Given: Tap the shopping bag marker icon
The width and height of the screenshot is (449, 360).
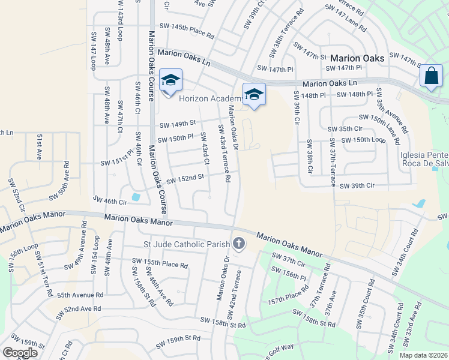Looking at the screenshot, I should [x=431, y=76].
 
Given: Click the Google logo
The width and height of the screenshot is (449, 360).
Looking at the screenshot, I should [x=20, y=352].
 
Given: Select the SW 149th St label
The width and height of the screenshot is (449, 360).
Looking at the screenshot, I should [x=177, y=124].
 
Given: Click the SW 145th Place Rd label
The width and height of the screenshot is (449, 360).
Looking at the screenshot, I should [x=187, y=26].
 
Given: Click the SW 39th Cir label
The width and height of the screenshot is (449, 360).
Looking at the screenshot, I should [x=357, y=186].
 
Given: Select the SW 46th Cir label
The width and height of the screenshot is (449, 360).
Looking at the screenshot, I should [x=110, y=199].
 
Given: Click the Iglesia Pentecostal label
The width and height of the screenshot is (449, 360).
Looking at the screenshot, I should [x=424, y=154].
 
